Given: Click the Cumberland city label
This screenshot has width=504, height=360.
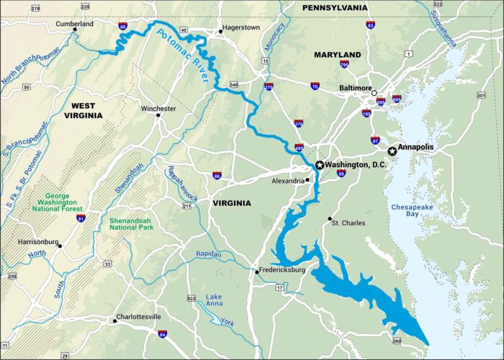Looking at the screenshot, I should tap(75, 24).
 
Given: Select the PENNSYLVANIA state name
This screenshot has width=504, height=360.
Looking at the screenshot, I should tap(334, 8).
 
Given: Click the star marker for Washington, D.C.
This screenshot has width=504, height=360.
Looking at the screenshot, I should tap(320, 165).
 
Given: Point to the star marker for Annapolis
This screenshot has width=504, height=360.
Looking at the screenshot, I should tap(392, 151).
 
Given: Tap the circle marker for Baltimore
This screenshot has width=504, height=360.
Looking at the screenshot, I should tap(374, 93).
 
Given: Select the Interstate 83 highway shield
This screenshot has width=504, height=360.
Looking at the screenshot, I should tap(370, 25).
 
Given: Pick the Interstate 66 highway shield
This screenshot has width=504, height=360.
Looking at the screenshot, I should tap(217, 175).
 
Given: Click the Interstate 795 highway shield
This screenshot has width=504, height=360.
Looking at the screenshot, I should tap(344, 65).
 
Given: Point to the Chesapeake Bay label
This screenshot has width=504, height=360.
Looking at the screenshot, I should tap(410, 211).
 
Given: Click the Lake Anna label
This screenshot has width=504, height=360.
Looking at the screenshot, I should tap(215, 301).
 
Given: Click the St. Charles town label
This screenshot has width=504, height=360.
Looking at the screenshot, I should tap(348, 223).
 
